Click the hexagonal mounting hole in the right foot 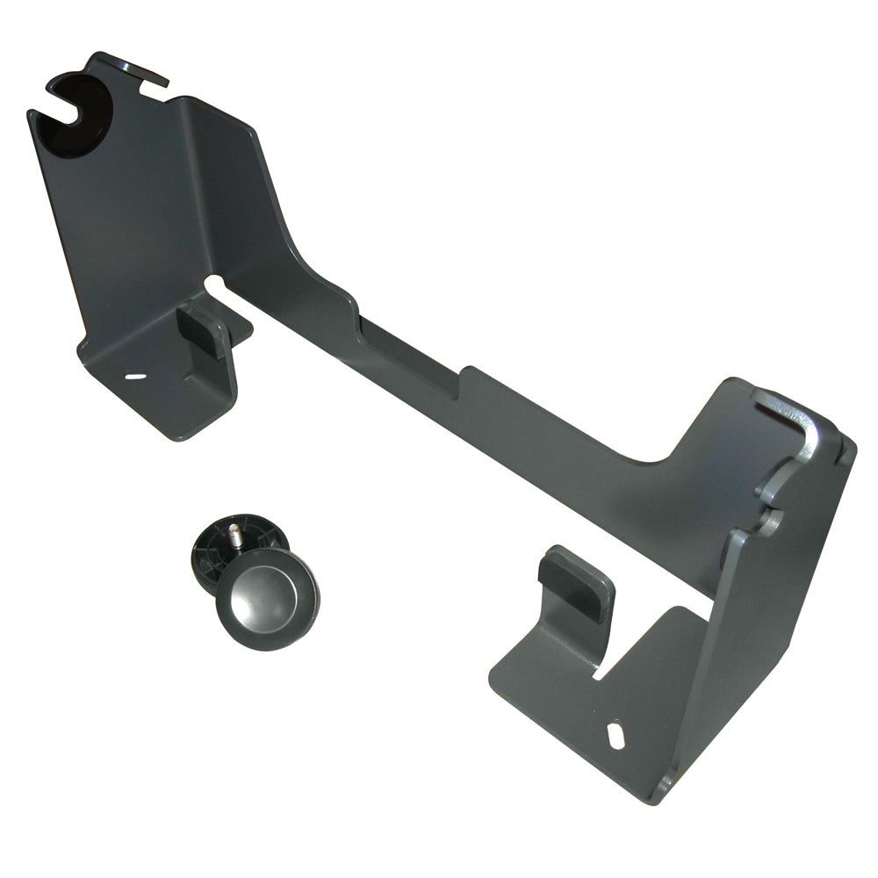[x=616, y=734]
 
